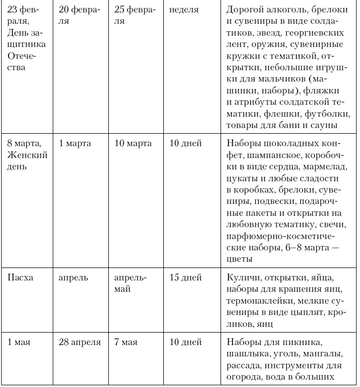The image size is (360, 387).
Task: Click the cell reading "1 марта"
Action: pos(75,143)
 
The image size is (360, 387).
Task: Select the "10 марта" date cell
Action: pos(133,143)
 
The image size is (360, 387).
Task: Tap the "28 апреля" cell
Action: pos(79,342)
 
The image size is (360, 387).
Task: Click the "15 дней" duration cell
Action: pos(185,278)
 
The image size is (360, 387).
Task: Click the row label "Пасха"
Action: pos(20,278)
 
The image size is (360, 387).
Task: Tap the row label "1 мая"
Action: pos(20,342)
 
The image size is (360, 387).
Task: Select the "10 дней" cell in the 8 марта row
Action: pos(185,143)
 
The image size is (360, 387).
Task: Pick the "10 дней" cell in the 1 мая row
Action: pos(185,342)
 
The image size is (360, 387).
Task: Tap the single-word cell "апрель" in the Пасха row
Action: pos(73,278)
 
